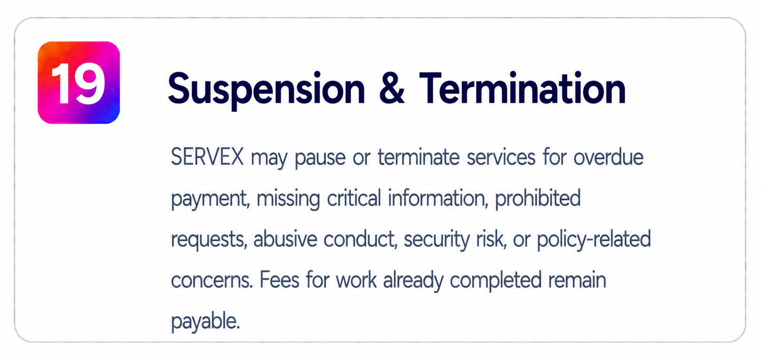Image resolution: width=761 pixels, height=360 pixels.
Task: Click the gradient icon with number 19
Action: pyautogui.click(x=78, y=83)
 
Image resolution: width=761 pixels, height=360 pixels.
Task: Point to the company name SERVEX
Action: pyautogui.click(x=207, y=157)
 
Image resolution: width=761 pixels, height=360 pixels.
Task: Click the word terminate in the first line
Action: pyautogui.click(x=419, y=157)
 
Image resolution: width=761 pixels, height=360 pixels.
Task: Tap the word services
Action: pyautogui.click(x=501, y=157)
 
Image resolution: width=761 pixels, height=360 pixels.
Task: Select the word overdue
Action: pyautogui.click(x=608, y=157)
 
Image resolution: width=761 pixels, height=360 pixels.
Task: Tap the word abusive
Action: pyautogui.click(x=285, y=239)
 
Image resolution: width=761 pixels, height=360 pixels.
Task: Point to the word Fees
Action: pyautogui.click(x=279, y=280)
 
